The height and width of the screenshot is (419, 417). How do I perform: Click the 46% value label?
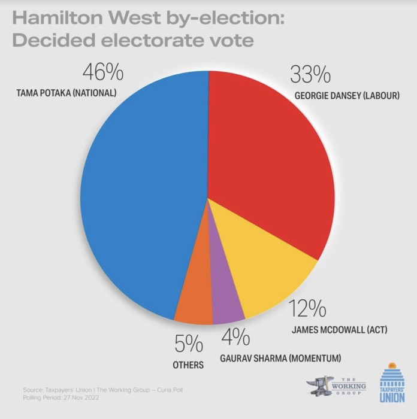(x=103, y=73)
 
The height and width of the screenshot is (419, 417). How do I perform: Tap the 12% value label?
(x=307, y=309)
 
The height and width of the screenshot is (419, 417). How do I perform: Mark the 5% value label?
(x=188, y=345)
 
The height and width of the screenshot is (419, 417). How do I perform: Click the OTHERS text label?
(x=189, y=365)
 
